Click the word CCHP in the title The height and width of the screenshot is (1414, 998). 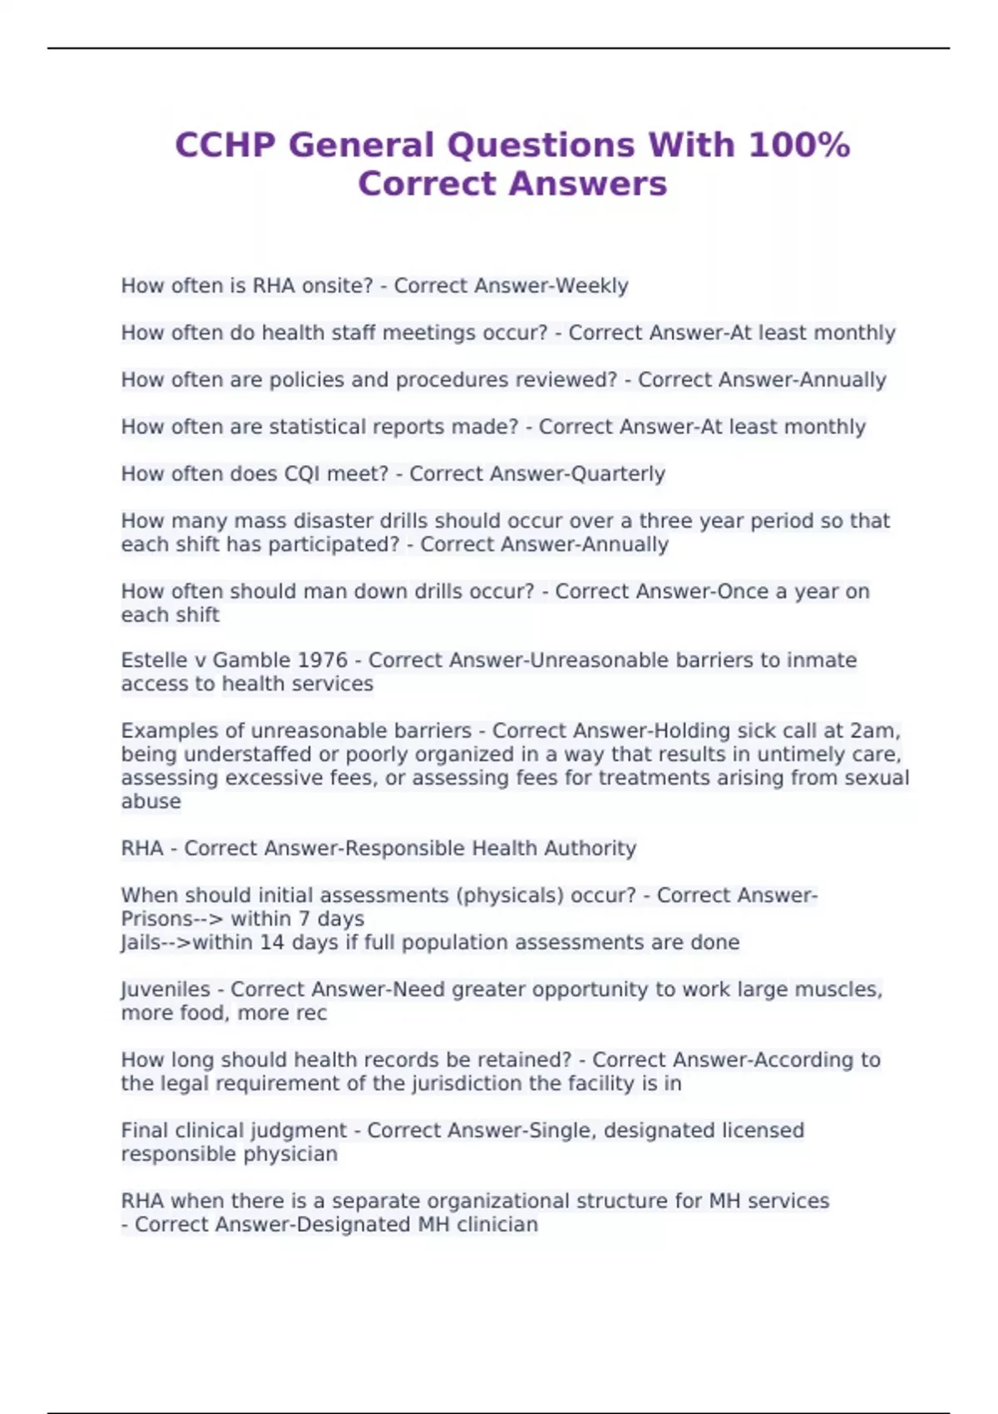(x=225, y=146)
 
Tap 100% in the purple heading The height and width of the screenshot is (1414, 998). (x=799, y=146)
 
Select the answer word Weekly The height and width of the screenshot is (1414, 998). (x=591, y=286)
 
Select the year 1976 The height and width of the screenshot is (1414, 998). (x=322, y=660)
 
